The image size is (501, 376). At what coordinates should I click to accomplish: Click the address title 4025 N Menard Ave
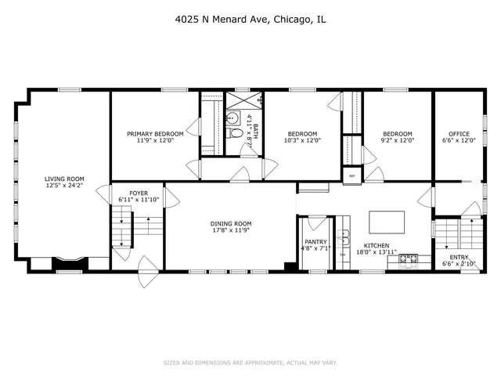pyautogui.click(x=250, y=21)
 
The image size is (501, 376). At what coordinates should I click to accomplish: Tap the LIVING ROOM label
pyautogui.click(x=63, y=179)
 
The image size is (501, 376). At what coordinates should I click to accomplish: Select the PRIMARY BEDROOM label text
pyautogui.click(x=154, y=134)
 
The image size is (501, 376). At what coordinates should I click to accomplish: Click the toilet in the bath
pyautogui.click(x=235, y=134)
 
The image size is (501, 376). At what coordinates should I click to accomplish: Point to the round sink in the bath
pyautogui.click(x=232, y=119)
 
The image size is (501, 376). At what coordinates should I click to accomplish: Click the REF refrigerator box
pyautogui.click(x=351, y=175)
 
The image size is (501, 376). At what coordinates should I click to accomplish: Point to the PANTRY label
pyautogui.click(x=315, y=242)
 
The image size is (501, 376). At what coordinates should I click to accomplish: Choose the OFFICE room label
pyautogui.click(x=459, y=134)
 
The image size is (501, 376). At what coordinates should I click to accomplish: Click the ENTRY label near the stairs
pyautogui.click(x=459, y=258)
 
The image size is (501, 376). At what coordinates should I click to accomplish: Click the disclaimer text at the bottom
pyautogui.click(x=250, y=363)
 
